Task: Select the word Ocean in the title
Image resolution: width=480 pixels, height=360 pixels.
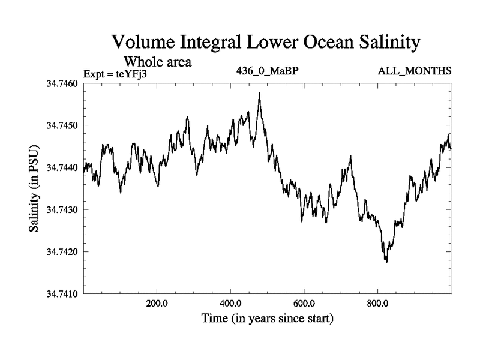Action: coord(309,43)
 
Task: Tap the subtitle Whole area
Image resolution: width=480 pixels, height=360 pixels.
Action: coord(157,61)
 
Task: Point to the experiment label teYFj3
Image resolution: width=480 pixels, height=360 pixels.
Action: coord(131,73)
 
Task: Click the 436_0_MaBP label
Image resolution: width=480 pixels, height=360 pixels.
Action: coord(268,71)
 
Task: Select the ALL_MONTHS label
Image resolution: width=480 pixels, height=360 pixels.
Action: coord(415,71)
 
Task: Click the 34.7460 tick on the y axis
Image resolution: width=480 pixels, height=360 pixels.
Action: coord(62,83)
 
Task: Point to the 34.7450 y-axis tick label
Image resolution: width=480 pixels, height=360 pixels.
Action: coord(62,125)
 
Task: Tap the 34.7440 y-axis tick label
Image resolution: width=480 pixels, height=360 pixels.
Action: coord(62,167)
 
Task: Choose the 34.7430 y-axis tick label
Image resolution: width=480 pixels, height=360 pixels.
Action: coord(62,209)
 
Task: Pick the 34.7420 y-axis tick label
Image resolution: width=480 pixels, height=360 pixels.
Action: coord(62,252)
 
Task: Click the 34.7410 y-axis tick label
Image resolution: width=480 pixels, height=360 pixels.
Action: coord(62,294)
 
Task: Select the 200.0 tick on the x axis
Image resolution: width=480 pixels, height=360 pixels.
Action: coord(157,302)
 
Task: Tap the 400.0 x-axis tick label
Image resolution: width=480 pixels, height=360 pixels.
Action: coord(230,302)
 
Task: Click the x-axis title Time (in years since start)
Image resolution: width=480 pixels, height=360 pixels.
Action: coord(268,318)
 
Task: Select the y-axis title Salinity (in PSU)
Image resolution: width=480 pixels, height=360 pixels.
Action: coord(34,189)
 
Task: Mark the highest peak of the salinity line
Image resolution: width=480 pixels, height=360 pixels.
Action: coord(259,93)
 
